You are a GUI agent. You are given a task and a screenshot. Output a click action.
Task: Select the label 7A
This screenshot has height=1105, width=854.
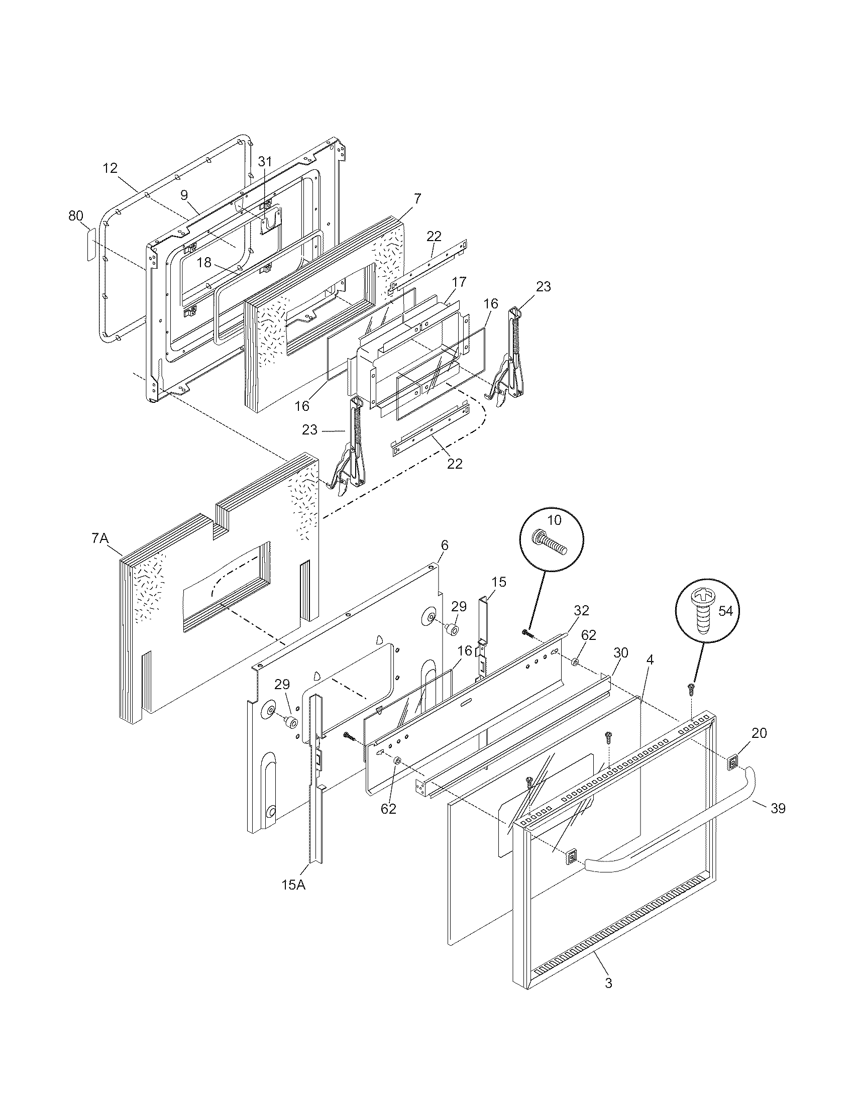coord(100,539)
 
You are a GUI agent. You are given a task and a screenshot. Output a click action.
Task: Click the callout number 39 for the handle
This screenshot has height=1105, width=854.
coord(778,809)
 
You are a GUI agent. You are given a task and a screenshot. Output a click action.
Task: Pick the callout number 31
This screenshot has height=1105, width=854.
coord(265,162)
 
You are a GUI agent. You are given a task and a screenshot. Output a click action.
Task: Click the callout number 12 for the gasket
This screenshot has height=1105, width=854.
coord(111,168)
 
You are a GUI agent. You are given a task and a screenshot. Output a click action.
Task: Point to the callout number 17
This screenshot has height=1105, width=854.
coord(459,282)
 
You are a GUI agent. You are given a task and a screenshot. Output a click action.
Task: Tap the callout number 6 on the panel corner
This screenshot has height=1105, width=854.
coord(444,545)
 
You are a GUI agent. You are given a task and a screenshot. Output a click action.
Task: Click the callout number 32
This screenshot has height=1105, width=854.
coord(581,610)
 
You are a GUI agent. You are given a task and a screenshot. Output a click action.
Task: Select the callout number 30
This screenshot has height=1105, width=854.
coord(620,652)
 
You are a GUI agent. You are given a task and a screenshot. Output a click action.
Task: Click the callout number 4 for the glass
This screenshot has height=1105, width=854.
coord(650,660)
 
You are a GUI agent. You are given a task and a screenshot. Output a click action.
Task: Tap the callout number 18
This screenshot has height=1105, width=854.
coord(204,262)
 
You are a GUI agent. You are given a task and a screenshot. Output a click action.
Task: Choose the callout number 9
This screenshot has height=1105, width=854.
coord(184,195)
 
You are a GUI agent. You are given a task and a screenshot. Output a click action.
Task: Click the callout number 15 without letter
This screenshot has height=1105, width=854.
coord(498,582)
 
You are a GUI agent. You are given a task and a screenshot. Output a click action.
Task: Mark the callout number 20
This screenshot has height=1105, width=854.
coord(759,733)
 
